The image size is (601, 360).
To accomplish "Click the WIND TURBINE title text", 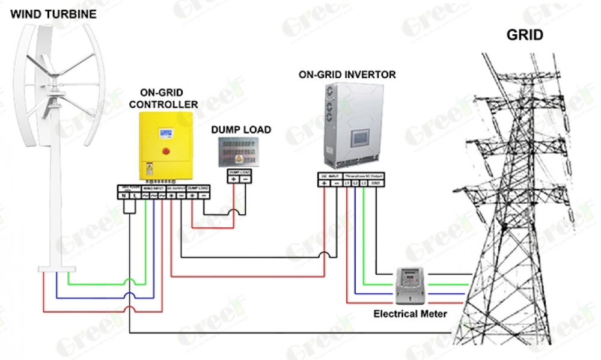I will tap(53, 14).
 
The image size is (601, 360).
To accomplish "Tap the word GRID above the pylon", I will tap(525, 35).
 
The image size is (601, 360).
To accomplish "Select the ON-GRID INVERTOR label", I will tap(347, 75).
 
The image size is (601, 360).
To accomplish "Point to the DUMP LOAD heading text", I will tap(240, 130).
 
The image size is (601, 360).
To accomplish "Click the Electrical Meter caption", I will tap(410, 314).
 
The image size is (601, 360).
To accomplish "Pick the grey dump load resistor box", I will tap(240, 152).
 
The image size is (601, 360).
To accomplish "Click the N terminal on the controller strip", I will tap(123, 196).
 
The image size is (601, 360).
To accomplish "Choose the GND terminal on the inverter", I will tap(375, 182).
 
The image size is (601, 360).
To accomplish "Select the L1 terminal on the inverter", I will tap(347, 182).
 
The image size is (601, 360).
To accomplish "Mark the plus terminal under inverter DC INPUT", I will tap(324, 182).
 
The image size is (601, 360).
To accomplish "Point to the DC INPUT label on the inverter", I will tap(329, 175).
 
